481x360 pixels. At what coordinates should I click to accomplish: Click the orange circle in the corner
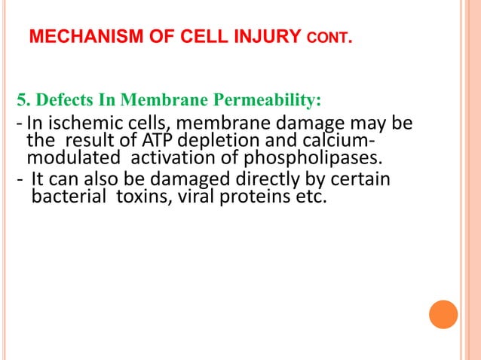pyautogui.click(x=443, y=314)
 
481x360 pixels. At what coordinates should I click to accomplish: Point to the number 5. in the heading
pyautogui.click(x=23, y=100)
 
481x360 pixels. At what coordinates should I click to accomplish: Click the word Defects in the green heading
pyautogui.click(x=63, y=100)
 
